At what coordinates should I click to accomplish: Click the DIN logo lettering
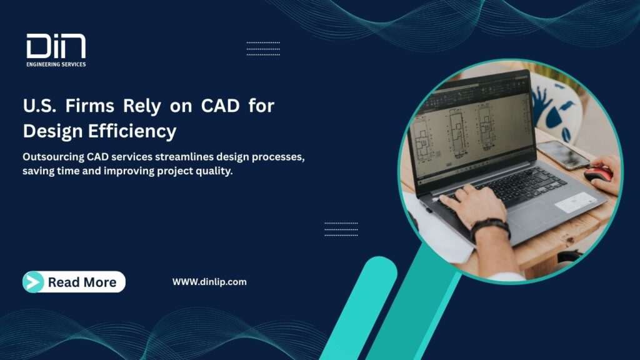tap(56, 47)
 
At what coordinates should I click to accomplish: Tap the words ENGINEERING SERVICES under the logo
tap(56, 64)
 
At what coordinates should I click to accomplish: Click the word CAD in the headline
tap(219, 106)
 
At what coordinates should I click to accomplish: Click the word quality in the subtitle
tap(215, 171)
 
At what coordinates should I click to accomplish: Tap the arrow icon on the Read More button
tap(33, 282)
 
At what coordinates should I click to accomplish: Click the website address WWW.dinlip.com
tap(209, 282)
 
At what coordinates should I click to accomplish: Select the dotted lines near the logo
tap(263, 49)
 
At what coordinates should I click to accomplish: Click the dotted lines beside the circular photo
tap(341, 229)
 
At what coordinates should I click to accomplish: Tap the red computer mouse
tap(599, 174)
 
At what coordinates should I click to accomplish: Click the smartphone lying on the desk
tap(562, 153)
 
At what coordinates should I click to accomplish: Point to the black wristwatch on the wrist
tap(489, 227)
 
